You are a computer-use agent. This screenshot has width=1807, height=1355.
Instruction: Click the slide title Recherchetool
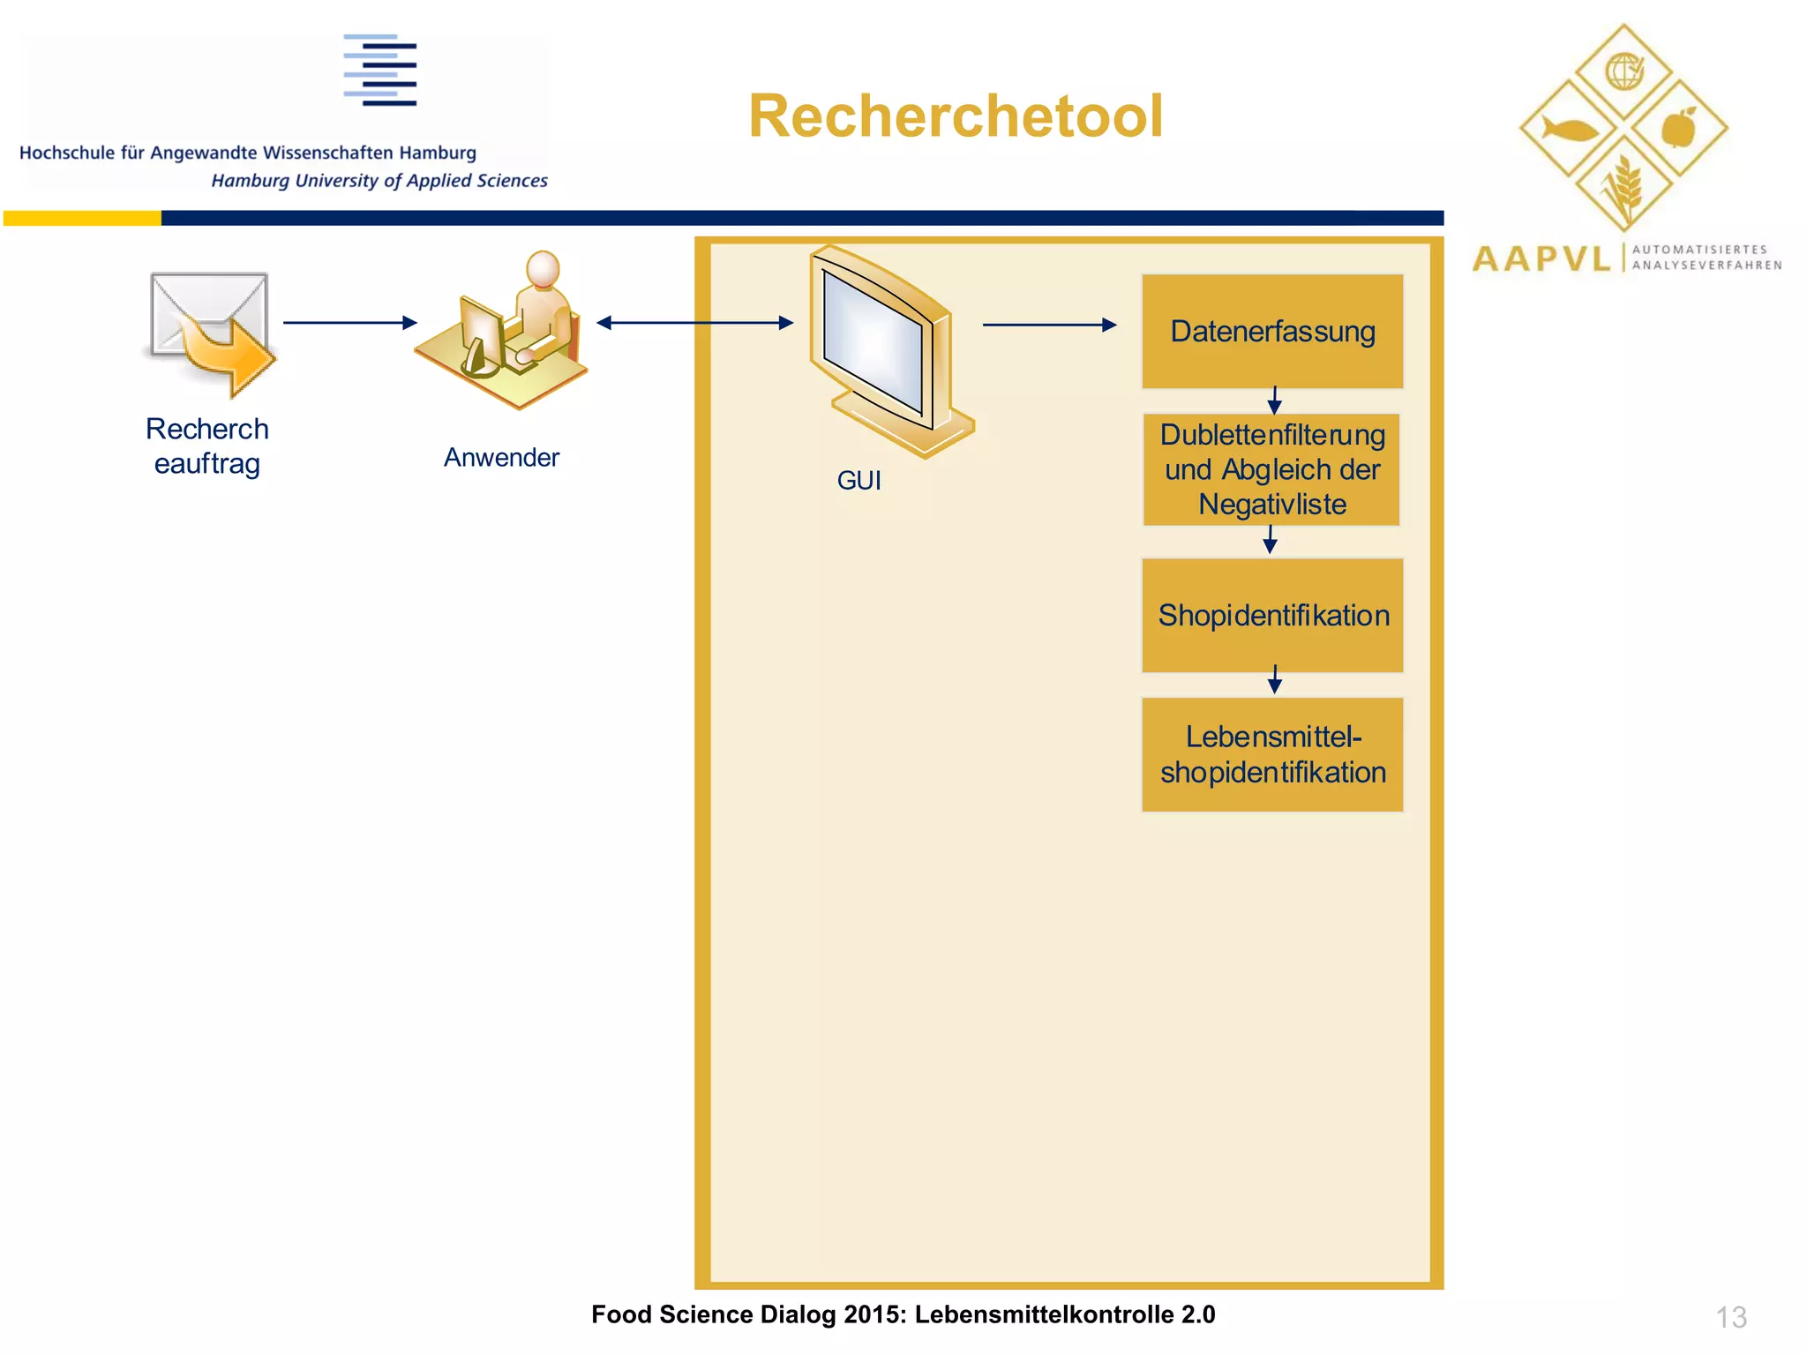tap(956, 116)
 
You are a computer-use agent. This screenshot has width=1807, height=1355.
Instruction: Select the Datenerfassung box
tap(1271, 332)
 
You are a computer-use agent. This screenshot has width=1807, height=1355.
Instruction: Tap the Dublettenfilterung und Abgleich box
tap(1271, 469)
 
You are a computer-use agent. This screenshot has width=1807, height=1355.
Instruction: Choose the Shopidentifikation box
tap(1271, 615)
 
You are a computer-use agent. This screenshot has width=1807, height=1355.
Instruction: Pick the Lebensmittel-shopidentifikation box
tap(1271, 754)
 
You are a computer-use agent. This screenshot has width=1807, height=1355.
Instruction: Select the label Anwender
tap(501, 458)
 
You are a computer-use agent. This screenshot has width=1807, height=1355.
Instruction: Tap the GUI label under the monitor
tap(859, 481)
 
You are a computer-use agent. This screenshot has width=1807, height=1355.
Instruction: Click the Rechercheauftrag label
tap(206, 446)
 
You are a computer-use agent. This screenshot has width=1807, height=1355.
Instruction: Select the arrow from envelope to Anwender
tap(349, 323)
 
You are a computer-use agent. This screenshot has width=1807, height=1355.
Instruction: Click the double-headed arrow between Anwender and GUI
tap(694, 323)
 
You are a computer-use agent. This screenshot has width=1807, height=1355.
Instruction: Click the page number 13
tap(1730, 1317)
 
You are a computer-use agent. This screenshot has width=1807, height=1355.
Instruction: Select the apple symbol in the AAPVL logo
tap(1678, 129)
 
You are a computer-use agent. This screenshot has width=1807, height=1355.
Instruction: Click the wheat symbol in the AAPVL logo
tap(1623, 187)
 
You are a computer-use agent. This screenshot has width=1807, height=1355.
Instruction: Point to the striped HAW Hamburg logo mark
tap(380, 71)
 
